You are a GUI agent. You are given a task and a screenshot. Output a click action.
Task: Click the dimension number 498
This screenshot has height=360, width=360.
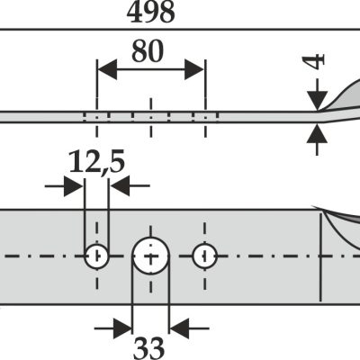(x=151, y=13)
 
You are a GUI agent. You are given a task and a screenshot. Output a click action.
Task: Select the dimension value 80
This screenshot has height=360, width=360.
(x=148, y=51)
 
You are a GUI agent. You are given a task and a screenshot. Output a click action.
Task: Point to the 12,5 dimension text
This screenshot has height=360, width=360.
(x=96, y=162)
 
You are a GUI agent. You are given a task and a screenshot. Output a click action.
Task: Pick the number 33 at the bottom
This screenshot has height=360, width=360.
(x=148, y=348)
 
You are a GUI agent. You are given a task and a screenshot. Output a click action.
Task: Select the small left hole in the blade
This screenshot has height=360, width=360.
(x=96, y=256)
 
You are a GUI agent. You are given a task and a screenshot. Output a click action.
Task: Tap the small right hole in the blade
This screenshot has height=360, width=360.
(x=204, y=256)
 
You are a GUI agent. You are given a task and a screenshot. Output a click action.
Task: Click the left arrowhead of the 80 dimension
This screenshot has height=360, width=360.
(x=107, y=69)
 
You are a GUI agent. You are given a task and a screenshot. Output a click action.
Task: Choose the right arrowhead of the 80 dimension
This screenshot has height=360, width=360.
(x=194, y=69)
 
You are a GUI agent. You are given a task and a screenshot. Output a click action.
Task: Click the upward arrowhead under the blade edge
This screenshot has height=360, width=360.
(x=317, y=134)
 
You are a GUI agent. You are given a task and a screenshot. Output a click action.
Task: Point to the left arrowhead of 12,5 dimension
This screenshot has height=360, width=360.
(x=74, y=186)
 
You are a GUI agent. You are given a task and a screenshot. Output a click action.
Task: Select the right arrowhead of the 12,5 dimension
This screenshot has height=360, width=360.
(x=120, y=186)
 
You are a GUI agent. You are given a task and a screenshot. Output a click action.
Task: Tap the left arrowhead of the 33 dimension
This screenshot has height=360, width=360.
(x=122, y=328)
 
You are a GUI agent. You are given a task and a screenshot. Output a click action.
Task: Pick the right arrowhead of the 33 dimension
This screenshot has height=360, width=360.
(x=179, y=328)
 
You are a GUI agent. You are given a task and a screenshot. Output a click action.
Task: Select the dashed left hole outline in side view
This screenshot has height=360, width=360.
(x=96, y=116)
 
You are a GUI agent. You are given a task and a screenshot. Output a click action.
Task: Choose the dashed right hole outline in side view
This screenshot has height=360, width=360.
(x=205, y=116)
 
